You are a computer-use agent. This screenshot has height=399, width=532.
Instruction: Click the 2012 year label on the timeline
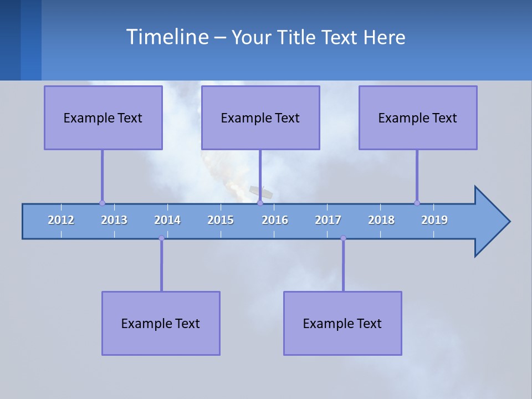point(61,220)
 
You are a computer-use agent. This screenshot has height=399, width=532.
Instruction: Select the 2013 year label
point(114,220)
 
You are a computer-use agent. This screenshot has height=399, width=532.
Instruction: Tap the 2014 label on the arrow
point(167,220)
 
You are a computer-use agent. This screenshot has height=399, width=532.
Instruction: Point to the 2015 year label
point(221,220)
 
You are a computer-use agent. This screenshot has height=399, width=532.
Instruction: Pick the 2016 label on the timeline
point(275,220)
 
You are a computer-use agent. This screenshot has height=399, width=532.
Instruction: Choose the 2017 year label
point(328,220)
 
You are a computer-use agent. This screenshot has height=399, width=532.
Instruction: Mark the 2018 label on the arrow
point(381,220)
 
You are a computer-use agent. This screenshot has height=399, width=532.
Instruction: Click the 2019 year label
point(434,220)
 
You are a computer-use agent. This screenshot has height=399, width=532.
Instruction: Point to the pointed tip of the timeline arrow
point(509,222)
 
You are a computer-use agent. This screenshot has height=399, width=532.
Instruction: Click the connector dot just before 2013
point(102,203)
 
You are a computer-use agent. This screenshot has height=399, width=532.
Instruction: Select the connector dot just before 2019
point(417,203)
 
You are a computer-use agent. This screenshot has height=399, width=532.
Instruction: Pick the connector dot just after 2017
point(343,238)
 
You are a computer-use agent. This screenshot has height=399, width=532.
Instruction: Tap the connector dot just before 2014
point(161,238)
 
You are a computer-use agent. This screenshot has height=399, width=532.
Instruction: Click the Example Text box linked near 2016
point(260,117)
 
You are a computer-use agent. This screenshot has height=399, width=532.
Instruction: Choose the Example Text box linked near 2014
point(161,323)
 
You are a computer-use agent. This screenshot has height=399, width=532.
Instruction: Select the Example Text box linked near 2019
point(418,117)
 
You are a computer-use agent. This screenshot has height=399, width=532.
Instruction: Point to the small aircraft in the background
point(261,192)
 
